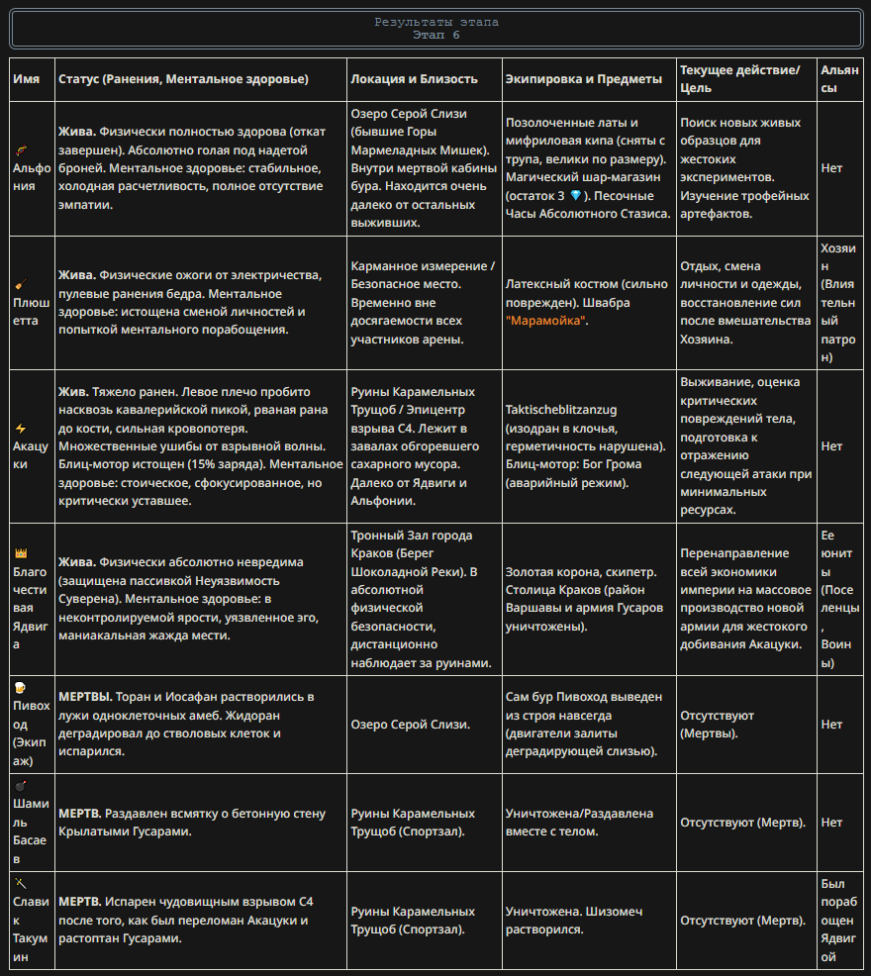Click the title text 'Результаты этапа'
[x=435, y=22]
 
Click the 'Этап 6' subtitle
[x=435, y=35]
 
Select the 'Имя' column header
[x=26, y=78]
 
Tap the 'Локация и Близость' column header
[x=414, y=78]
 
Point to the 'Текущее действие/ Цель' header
[x=739, y=78]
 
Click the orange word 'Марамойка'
[x=546, y=321]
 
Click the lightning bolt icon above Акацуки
[x=20, y=429]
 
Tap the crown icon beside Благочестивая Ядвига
[x=20, y=552]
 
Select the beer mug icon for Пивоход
[x=20, y=688]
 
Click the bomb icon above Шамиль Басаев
[x=20, y=785]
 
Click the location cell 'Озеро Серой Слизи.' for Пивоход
[x=410, y=725]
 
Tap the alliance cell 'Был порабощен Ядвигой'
[x=837, y=921]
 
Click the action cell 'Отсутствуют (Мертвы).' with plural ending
[x=718, y=725]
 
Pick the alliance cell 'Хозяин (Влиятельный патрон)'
[x=837, y=303]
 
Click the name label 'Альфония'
[x=32, y=176]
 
